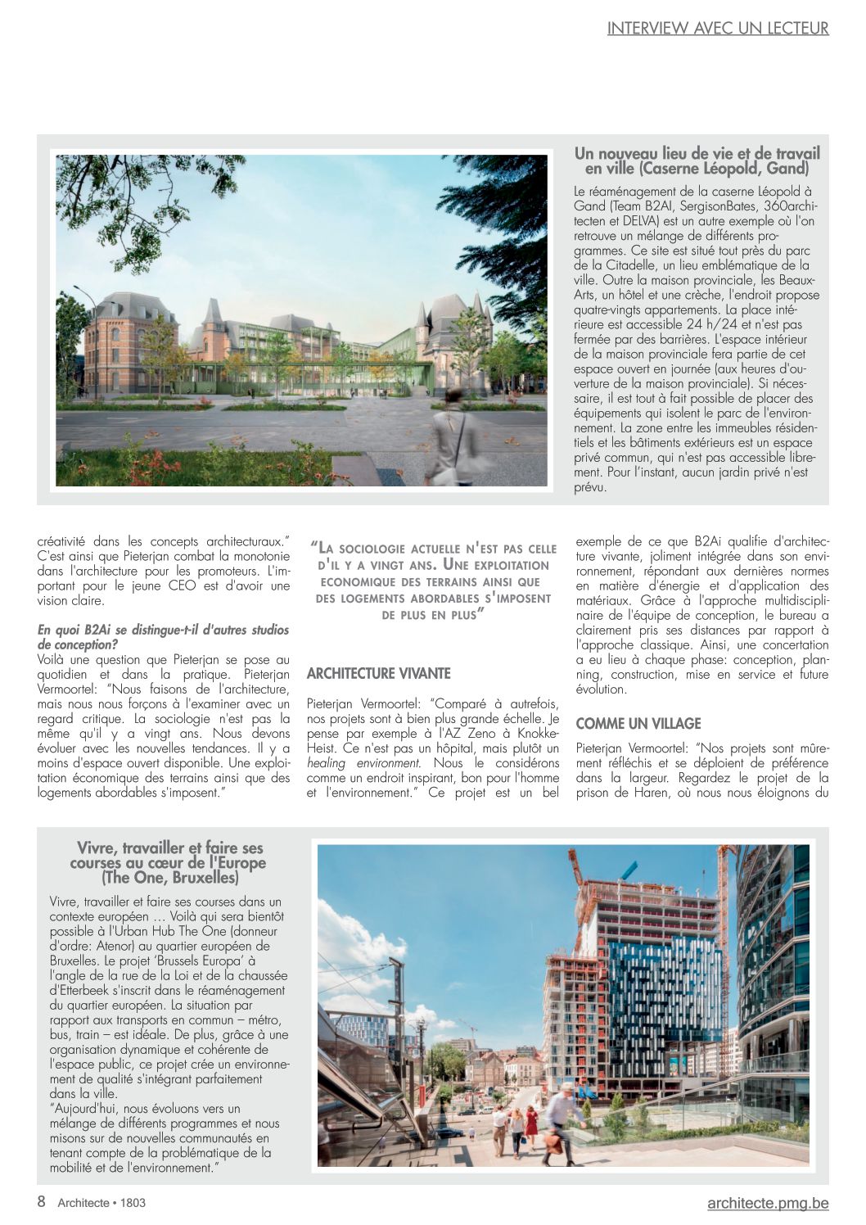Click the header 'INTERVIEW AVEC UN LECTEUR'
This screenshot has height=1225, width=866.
pos(718,29)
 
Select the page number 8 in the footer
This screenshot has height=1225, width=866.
pos(41,1202)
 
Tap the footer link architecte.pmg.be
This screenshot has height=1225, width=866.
pos(768,1203)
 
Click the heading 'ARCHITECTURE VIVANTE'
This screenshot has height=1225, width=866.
pos(378,674)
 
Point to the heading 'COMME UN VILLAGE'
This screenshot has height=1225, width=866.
pos(638,724)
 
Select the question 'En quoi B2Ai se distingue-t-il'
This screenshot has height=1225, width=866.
pos(163,631)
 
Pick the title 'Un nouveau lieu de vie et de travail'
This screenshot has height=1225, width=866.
pos(697,153)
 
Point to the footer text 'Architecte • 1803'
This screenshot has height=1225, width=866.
pos(101,1203)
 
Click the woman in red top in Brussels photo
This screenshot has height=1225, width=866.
pos(531,1123)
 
